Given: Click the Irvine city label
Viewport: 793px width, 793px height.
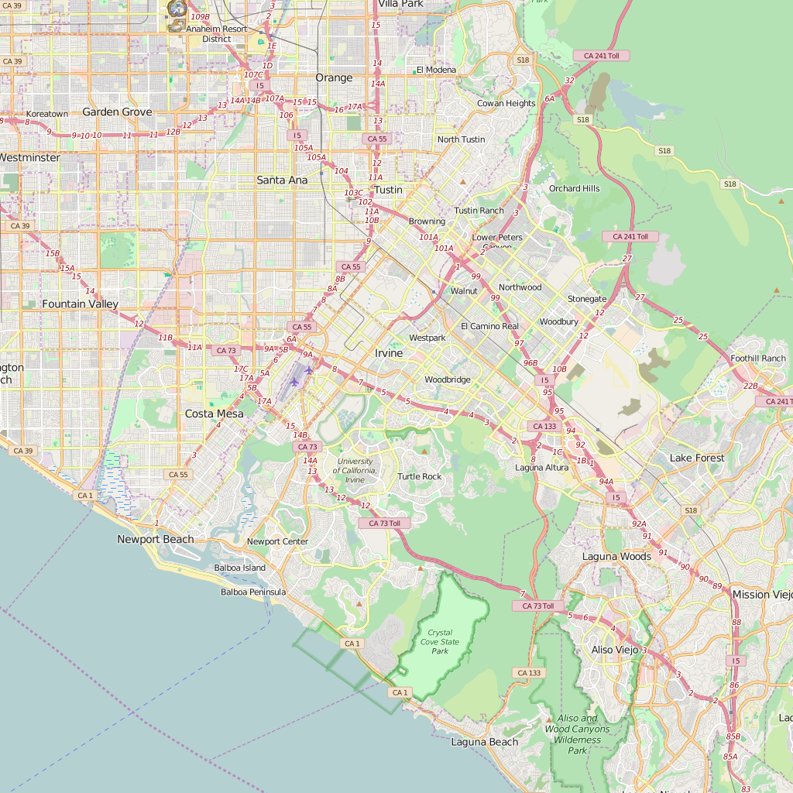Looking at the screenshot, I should click(x=389, y=353).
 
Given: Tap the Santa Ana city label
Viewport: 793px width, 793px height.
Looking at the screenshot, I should click(x=282, y=180).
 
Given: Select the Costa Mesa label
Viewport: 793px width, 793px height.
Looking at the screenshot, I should click(x=214, y=414).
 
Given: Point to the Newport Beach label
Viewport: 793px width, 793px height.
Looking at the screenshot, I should click(x=156, y=539).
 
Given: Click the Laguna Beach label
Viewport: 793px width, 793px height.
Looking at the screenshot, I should click(x=485, y=742).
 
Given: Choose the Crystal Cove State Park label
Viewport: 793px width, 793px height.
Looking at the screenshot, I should click(x=440, y=642).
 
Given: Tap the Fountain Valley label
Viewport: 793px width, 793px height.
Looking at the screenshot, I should click(x=81, y=304).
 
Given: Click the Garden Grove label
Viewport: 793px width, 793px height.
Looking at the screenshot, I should click(x=117, y=112).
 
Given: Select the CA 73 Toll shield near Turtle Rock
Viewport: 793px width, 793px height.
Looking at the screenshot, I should click(x=384, y=524).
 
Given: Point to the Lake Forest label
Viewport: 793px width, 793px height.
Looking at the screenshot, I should click(x=697, y=458).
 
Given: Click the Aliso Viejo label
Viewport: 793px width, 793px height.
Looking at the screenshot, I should click(x=614, y=650).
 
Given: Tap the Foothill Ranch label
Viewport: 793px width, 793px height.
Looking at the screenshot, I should click(x=758, y=359).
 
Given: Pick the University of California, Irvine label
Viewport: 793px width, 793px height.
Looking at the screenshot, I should click(x=355, y=471).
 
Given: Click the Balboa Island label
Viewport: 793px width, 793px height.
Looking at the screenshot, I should click(x=239, y=568).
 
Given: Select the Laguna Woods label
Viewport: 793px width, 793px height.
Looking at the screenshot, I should click(x=616, y=556).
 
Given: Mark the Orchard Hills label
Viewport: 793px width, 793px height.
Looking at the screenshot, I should click(x=574, y=188).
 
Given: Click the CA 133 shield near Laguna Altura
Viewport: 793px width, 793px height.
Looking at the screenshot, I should click(x=545, y=427).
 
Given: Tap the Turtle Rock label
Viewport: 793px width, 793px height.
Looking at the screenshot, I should click(x=420, y=476).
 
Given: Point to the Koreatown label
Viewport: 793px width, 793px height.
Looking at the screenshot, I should click(x=47, y=114).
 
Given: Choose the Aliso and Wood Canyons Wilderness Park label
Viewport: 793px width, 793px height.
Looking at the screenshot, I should click(x=578, y=734).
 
